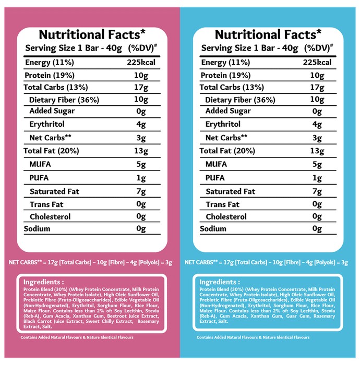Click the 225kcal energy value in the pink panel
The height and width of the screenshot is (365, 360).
point(141,63)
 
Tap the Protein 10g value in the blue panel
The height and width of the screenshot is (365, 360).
point(317,76)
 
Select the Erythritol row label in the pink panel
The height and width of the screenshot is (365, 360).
point(47,124)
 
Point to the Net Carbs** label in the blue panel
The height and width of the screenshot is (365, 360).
point(226,138)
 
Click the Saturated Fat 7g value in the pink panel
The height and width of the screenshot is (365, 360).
point(141,191)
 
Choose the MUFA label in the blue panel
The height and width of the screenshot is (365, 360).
point(216,164)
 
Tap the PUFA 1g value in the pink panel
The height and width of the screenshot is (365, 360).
point(141,178)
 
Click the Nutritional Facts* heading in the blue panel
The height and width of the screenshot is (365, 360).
point(268,34)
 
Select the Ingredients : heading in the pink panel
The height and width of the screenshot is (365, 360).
point(43,282)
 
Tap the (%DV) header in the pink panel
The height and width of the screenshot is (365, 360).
point(142,48)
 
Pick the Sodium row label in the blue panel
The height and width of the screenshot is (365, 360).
point(213,228)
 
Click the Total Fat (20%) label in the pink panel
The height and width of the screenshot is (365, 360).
point(51,151)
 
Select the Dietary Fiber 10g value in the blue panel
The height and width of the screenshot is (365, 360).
point(317,100)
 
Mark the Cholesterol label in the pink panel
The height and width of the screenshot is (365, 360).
point(50,217)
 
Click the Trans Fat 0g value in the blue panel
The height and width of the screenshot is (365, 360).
point(317,204)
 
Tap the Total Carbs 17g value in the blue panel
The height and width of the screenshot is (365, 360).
point(317,88)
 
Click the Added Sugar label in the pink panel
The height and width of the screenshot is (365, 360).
point(52,111)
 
